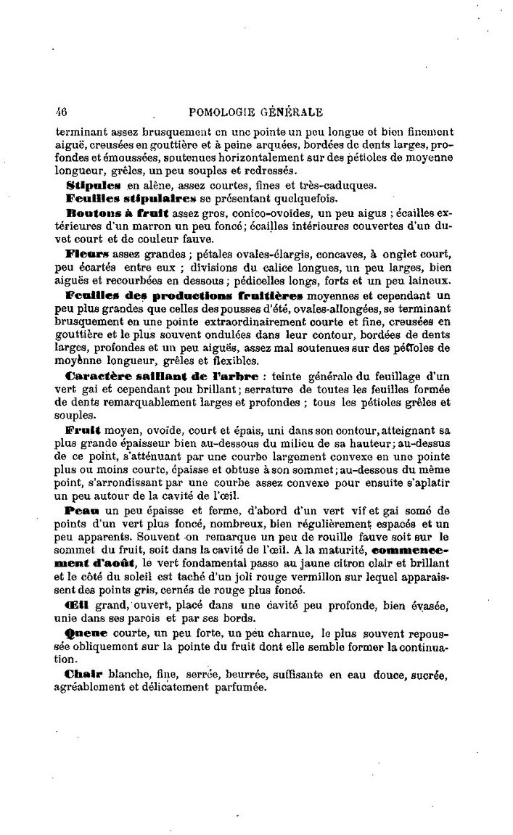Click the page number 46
tap(61, 112)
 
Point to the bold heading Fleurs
tap(87, 255)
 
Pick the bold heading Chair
tap(82, 674)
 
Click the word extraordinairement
tap(257, 323)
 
